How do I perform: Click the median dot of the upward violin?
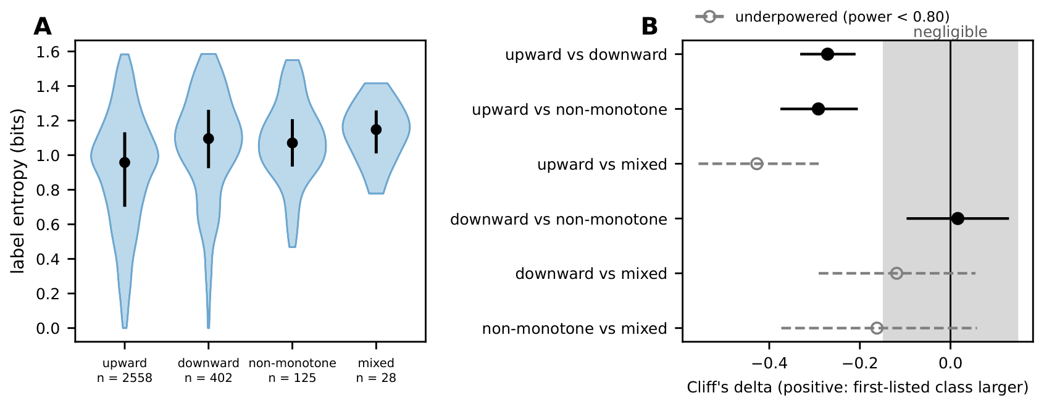[x=125, y=162]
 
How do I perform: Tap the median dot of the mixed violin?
[x=376, y=130]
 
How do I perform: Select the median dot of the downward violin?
[x=208, y=139]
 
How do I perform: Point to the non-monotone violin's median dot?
[x=292, y=143]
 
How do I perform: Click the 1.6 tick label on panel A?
[x=48, y=52]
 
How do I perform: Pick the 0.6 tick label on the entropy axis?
[x=48, y=225]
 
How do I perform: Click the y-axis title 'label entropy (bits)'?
[x=17, y=191]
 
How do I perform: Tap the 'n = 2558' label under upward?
[x=125, y=378]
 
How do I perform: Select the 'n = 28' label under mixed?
[x=376, y=378]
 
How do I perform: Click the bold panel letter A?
[x=43, y=27]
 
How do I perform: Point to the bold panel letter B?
[x=649, y=27]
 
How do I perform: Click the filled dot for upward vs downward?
[x=827, y=54]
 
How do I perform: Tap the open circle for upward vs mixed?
[x=757, y=164]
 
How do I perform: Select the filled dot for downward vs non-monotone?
[x=958, y=218]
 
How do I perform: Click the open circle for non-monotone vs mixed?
[x=877, y=328]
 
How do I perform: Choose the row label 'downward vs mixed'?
[x=591, y=274]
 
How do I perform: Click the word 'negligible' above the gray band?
[x=950, y=32]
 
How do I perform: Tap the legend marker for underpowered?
[x=709, y=17]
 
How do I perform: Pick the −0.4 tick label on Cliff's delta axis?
[x=769, y=363]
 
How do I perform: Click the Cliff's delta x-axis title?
[x=858, y=387]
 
